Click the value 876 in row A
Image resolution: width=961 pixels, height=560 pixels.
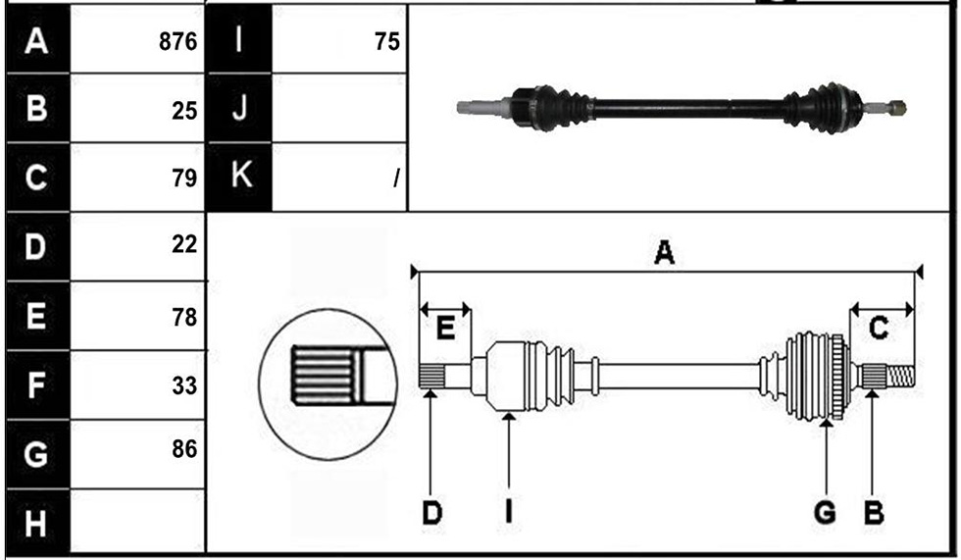[x=177, y=41]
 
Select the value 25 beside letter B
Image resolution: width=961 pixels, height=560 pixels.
[x=184, y=111]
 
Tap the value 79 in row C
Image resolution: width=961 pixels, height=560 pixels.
[x=184, y=178]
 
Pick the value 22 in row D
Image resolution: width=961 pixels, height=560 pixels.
[x=184, y=244]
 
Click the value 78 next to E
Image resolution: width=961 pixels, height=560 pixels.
[x=184, y=318]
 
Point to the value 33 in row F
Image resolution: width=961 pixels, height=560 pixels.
[x=184, y=386]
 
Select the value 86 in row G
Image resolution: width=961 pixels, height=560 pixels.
[x=184, y=449]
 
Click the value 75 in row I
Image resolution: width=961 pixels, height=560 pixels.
[x=387, y=41]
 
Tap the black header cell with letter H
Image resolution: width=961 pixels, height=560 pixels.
[x=37, y=523]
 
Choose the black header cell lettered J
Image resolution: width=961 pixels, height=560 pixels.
[x=239, y=109]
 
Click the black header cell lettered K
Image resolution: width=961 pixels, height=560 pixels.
[x=239, y=177]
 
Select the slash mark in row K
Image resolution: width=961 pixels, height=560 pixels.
[x=397, y=178]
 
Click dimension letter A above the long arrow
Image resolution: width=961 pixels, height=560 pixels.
[x=665, y=252]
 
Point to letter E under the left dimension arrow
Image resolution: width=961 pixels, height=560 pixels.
[x=445, y=329]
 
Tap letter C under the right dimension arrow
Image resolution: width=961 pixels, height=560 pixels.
[x=879, y=329]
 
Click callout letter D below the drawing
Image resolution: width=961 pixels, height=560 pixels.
[x=432, y=512]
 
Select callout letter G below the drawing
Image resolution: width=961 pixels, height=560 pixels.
[x=825, y=512]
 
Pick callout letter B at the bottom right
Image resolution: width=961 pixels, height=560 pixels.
[x=874, y=512]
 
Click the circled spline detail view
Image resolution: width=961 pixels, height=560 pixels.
[x=328, y=384]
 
